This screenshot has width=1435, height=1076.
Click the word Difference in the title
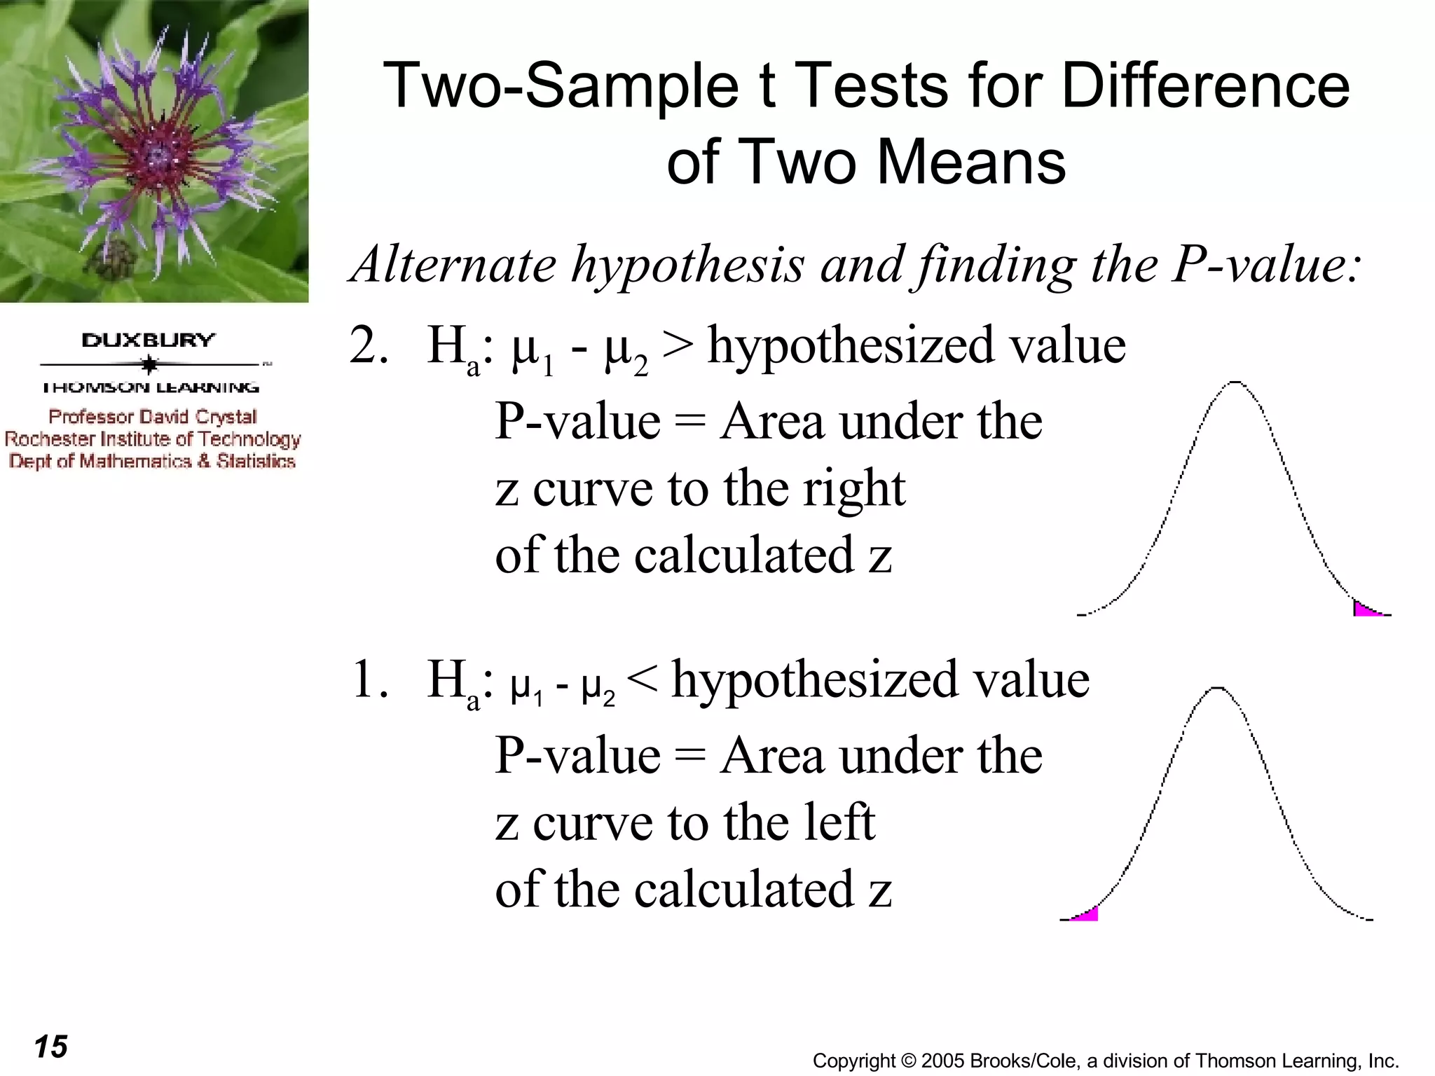(x=1205, y=85)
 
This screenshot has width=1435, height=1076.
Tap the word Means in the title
(x=971, y=163)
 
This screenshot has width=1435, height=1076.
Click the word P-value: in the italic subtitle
(x=1267, y=265)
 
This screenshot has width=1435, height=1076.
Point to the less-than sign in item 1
(x=642, y=679)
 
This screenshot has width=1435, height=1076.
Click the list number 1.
(x=368, y=679)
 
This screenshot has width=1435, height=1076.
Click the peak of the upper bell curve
(x=1235, y=383)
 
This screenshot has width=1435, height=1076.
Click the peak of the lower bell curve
(x=1218, y=689)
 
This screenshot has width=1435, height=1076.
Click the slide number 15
(x=50, y=1047)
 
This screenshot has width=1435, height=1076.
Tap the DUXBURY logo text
(x=148, y=340)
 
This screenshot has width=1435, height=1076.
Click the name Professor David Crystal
(x=152, y=417)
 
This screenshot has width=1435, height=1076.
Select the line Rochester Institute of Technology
(x=152, y=439)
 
